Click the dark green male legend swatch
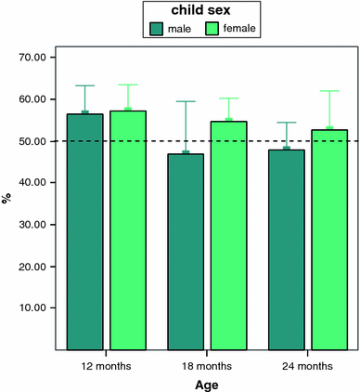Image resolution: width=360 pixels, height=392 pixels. (x=155, y=29)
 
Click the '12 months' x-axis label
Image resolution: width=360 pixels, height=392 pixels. (x=107, y=365)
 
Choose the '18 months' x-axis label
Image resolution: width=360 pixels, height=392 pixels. (x=207, y=365)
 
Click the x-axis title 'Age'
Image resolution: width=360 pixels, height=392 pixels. (x=206, y=384)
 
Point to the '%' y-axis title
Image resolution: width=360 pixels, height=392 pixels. (x=7, y=198)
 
